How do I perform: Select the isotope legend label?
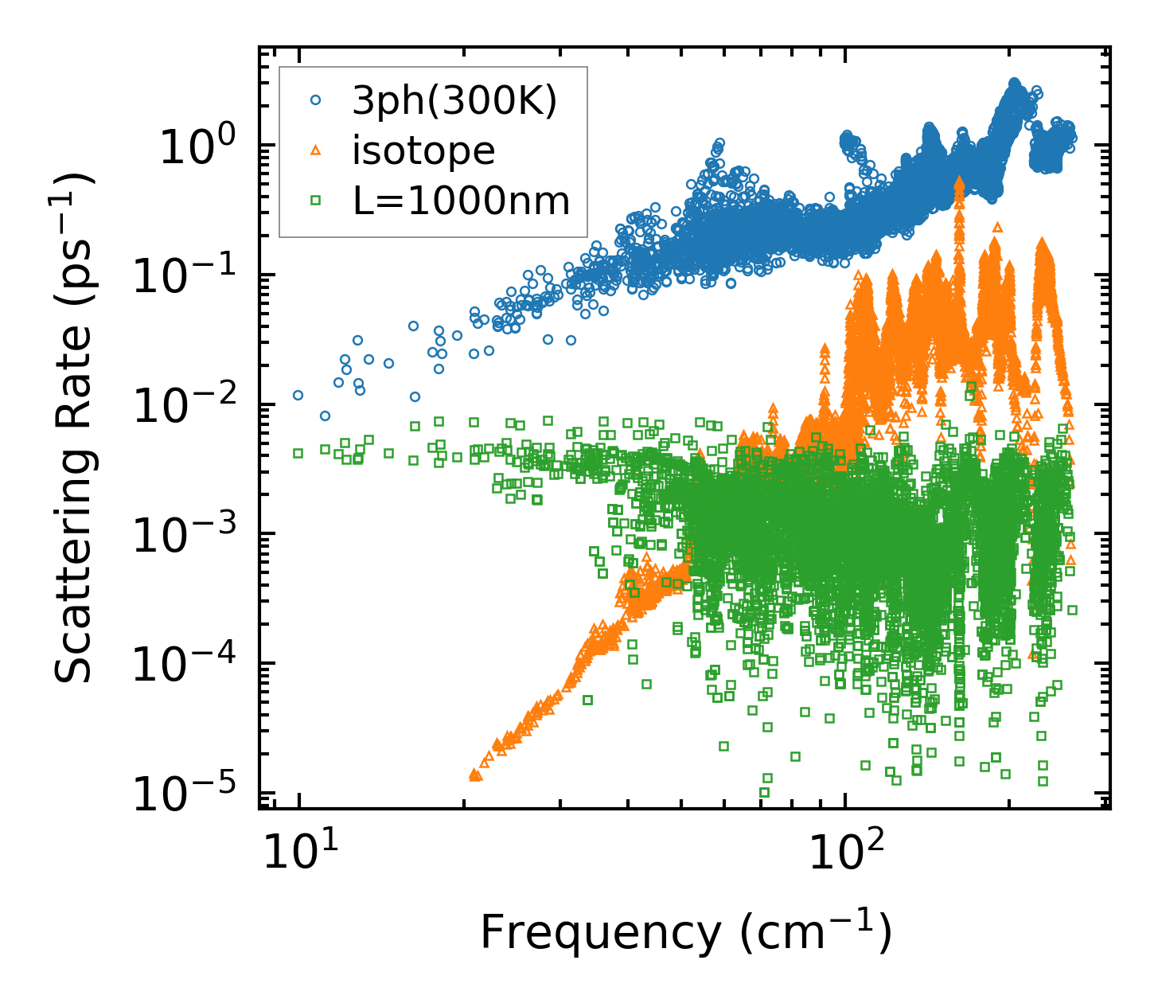pos(423,150)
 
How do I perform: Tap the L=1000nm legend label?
pos(462,201)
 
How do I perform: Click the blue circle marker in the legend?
pos(316,100)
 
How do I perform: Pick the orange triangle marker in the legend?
pos(316,150)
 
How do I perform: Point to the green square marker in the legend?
pos(316,201)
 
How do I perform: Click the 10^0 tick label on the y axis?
pos(197,147)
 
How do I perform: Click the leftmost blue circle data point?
pos(298,395)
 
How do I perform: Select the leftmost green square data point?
pos(298,453)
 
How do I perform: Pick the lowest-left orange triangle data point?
pos(474,774)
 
